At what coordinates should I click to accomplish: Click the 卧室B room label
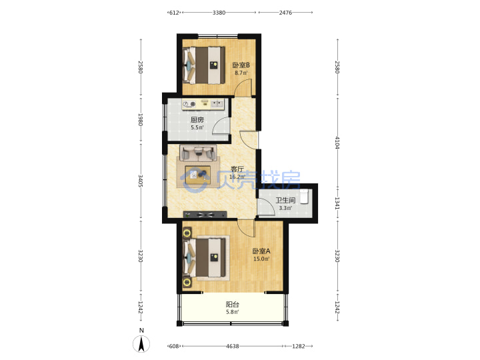(241, 65)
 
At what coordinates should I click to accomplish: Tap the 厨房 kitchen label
(197, 120)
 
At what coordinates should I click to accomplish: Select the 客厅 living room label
(237, 169)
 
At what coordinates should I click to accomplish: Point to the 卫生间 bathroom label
(285, 201)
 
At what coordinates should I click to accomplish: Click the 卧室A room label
(261, 251)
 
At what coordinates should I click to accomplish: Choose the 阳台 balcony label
(233, 305)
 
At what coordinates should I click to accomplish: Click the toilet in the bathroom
(304, 196)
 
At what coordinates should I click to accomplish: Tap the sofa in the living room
(198, 153)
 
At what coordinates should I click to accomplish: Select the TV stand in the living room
(205, 215)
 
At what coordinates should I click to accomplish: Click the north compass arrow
(141, 344)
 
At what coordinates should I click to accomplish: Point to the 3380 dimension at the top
(219, 13)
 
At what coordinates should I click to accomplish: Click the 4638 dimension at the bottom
(233, 346)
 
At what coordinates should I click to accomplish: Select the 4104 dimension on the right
(337, 143)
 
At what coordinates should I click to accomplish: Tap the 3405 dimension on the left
(141, 181)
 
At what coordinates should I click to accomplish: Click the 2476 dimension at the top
(285, 13)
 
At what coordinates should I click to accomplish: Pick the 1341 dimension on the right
(337, 203)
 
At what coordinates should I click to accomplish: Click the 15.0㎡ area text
(261, 259)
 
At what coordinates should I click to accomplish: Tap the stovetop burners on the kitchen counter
(189, 105)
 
